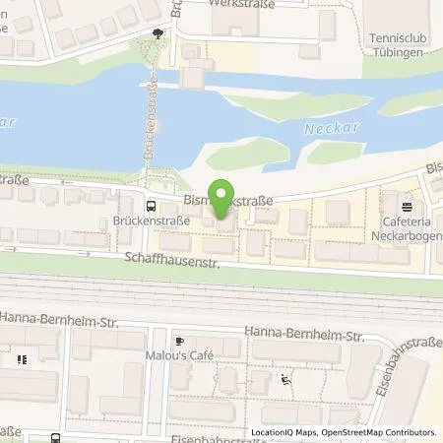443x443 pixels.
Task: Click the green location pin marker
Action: (x=222, y=196)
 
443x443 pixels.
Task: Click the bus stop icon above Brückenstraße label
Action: (x=150, y=206)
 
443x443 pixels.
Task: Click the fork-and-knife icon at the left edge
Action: (x=20, y=359)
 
